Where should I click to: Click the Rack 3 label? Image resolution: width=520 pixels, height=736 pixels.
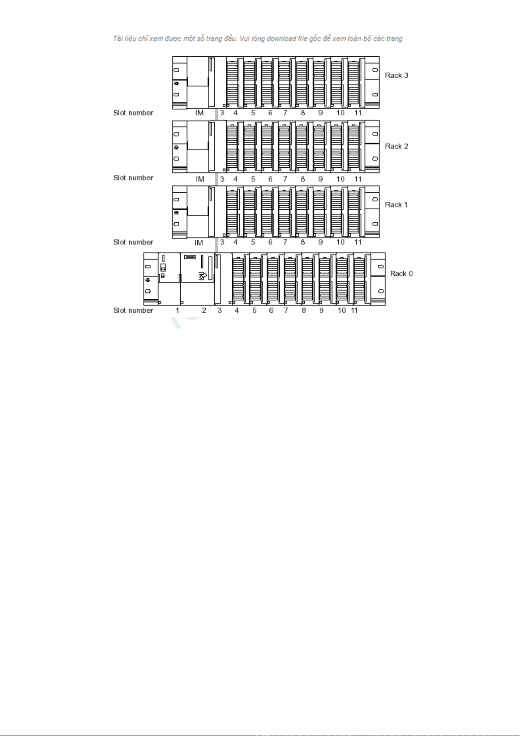(x=396, y=76)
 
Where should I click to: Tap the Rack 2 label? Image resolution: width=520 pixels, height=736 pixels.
(x=396, y=146)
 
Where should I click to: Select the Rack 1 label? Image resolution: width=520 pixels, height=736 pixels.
(x=396, y=205)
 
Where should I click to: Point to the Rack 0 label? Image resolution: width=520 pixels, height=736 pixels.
(x=401, y=274)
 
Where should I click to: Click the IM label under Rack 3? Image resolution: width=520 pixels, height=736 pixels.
(x=200, y=113)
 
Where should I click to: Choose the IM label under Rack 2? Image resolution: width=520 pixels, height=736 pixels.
(x=200, y=179)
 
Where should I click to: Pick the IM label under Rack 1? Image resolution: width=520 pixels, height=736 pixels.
(x=199, y=243)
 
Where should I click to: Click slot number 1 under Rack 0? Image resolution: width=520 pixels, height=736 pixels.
(x=177, y=311)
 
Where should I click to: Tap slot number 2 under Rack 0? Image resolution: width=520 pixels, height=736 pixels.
(x=204, y=311)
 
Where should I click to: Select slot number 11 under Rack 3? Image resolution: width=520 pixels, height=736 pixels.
(x=358, y=113)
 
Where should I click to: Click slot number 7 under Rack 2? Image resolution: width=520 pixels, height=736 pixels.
(x=285, y=179)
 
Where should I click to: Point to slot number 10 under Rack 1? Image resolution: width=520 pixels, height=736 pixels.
(x=341, y=242)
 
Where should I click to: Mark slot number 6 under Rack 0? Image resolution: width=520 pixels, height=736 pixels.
(x=271, y=311)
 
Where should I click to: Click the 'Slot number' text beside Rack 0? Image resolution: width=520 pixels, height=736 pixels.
(x=133, y=311)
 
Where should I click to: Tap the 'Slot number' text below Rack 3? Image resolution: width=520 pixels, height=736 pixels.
(x=133, y=113)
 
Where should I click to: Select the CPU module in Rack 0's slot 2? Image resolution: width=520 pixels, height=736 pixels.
(x=197, y=278)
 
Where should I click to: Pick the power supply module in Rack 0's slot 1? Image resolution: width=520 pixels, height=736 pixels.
(x=169, y=278)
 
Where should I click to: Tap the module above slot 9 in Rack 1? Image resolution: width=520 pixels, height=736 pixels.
(x=321, y=212)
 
